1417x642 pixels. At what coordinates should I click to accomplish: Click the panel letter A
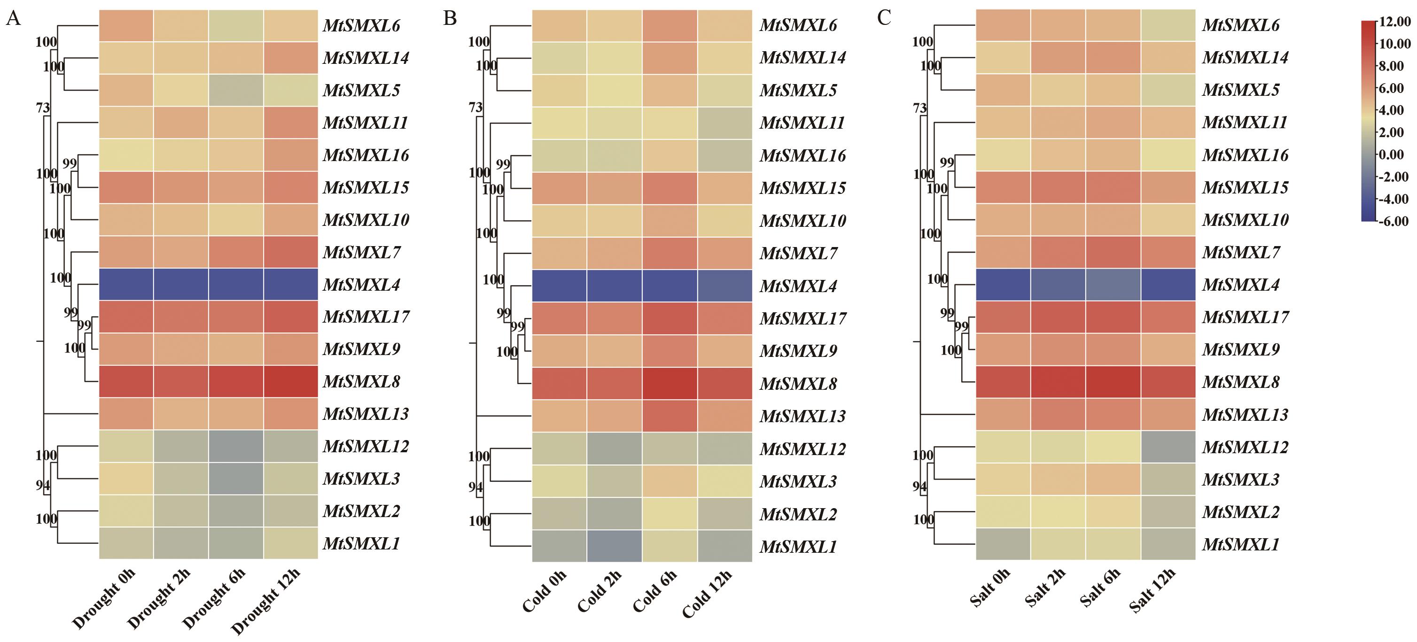pyautogui.click(x=13, y=19)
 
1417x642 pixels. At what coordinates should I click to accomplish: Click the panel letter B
pyautogui.click(x=450, y=19)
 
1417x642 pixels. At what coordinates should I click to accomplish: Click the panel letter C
pyautogui.click(x=884, y=19)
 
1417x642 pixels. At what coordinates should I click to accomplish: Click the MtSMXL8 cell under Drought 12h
pyautogui.click(x=290, y=381)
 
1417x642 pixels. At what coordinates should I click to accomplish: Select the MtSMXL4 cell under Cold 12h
pyautogui.click(x=724, y=286)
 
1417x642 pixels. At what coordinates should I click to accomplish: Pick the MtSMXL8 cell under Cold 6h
pyautogui.click(x=670, y=383)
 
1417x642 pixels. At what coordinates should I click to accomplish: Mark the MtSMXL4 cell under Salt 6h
pyautogui.click(x=1113, y=285)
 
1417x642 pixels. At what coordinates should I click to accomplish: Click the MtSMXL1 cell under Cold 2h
pyautogui.click(x=615, y=546)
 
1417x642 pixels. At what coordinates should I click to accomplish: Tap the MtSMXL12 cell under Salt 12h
pyautogui.click(x=1168, y=447)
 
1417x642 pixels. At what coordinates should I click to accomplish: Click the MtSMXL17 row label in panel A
pyautogui.click(x=366, y=317)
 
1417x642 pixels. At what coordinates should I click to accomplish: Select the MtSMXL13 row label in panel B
pyautogui.click(x=803, y=416)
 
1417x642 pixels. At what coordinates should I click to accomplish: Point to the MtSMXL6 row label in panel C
pyautogui.click(x=1241, y=25)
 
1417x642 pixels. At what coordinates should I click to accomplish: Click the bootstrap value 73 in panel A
pyautogui.click(x=43, y=108)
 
